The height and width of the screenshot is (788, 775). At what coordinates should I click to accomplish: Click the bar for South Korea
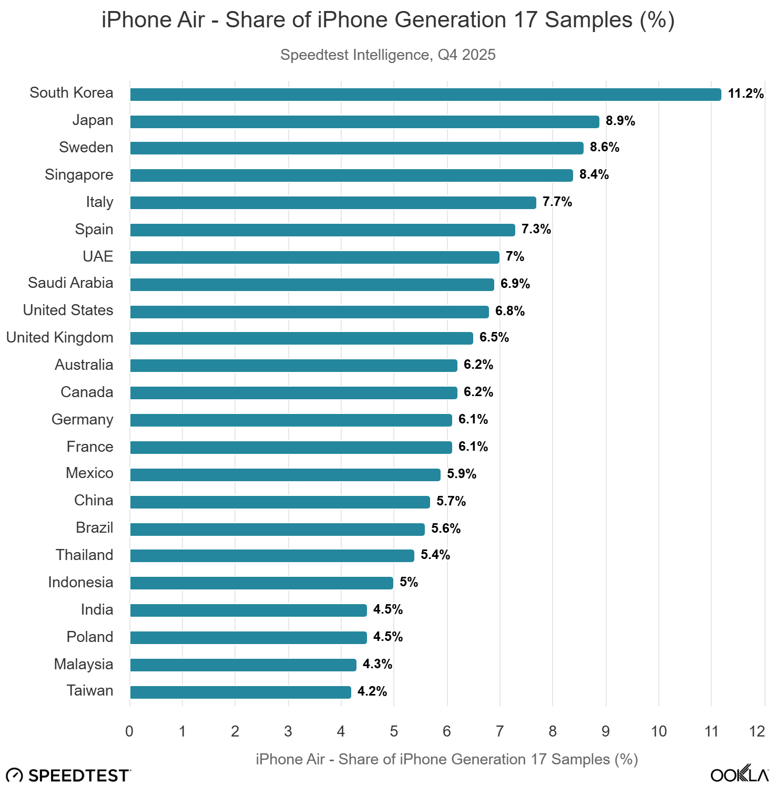pyautogui.click(x=425, y=95)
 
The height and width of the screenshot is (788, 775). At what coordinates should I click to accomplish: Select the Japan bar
pyautogui.click(x=364, y=122)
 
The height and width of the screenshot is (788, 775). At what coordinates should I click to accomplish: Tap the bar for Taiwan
pyautogui.click(x=240, y=692)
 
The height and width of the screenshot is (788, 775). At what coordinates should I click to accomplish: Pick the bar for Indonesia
pyautogui.click(x=261, y=583)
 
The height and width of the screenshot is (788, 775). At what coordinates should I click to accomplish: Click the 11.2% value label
pyautogui.click(x=745, y=94)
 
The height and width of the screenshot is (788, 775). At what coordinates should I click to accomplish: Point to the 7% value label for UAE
pyautogui.click(x=515, y=257)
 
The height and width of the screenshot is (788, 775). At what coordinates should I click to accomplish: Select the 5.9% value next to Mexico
pyautogui.click(x=461, y=474)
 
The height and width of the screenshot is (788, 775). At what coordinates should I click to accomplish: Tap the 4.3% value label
pyautogui.click(x=377, y=664)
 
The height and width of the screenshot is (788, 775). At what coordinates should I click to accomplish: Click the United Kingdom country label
pyautogui.click(x=59, y=337)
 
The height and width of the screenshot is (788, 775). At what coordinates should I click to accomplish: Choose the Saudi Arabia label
pyautogui.click(x=70, y=283)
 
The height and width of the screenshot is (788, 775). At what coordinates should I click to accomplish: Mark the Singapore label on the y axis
pyautogui.click(x=79, y=174)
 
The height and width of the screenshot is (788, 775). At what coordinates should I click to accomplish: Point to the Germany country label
pyautogui.click(x=82, y=419)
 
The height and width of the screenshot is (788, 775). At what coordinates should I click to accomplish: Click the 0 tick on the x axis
pyautogui.click(x=129, y=731)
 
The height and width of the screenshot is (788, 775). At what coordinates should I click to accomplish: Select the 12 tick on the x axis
pyautogui.click(x=757, y=731)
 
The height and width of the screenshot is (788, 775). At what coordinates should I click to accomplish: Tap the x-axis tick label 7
pyautogui.click(x=499, y=731)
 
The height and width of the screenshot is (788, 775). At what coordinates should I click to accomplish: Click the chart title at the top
pyautogui.click(x=387, y=20)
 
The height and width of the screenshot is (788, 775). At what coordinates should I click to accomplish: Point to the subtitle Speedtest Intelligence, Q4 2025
pyautogui.click(x=387, y=55)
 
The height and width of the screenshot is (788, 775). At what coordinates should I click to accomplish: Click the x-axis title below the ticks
pyautogui.click(x=446, y=759)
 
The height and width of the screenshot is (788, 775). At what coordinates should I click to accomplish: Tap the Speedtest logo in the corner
pyautogui.click(x=68, y=775)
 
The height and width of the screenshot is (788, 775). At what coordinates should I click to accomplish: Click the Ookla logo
pyautogui.click(x=739, y=774)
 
